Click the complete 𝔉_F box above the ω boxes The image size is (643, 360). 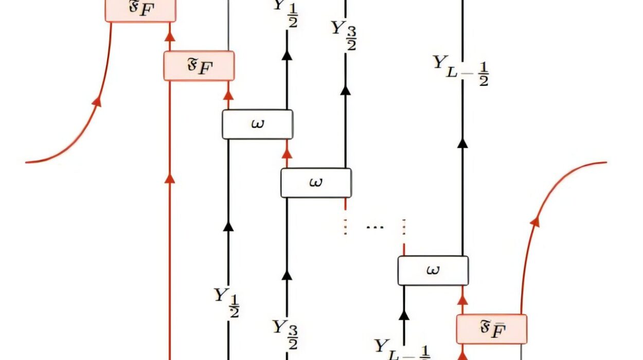coord(199,66)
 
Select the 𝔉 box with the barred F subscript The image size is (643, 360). coord(492,329)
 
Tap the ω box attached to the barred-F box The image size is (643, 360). coord(433,271)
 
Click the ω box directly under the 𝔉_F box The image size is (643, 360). coord(257,124)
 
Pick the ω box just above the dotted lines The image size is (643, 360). coord(316,183)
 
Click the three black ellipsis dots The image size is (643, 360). coord(374,227)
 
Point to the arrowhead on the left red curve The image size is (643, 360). coord(97,101)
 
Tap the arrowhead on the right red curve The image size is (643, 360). coord(535,221)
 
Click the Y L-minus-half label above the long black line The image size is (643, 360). coord(461,70)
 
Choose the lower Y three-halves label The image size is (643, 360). coord(285,333)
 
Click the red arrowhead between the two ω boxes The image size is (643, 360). coord(287,154)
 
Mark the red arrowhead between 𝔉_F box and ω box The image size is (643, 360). coord(228,96)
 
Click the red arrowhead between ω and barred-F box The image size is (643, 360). coord(462,299)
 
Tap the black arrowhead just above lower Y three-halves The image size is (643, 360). coord(287,276)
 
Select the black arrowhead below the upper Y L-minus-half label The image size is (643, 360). coord(462,143)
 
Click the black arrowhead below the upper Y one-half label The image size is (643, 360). coord(287,55)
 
